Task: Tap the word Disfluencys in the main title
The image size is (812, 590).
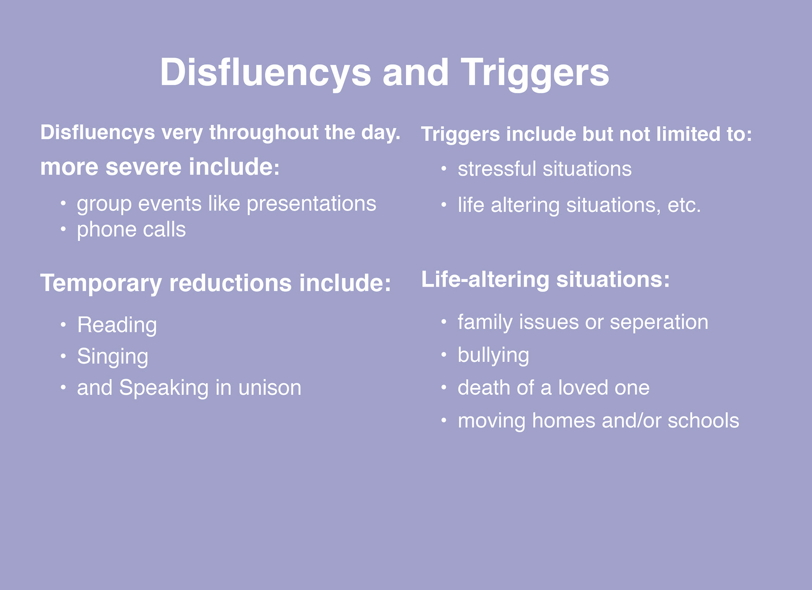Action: click(266, 73)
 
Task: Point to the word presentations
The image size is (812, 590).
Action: click(311, 205)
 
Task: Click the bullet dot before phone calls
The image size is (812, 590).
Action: click(63, 229)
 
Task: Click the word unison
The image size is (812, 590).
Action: click(270, 388)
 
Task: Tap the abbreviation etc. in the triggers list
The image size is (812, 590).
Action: click(684, 206)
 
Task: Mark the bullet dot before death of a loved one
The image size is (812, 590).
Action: click(444, 388)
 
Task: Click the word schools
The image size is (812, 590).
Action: click(703, 421)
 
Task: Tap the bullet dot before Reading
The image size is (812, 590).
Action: click(63, 325)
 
